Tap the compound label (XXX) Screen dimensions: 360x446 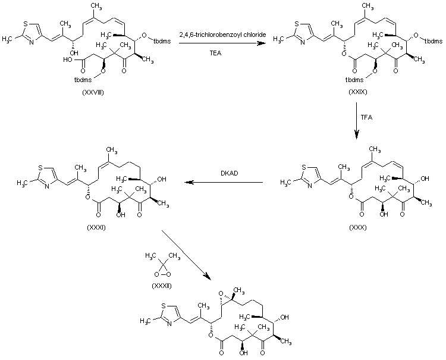tap(358, 227)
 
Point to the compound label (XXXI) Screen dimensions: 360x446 tap(95, 227)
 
